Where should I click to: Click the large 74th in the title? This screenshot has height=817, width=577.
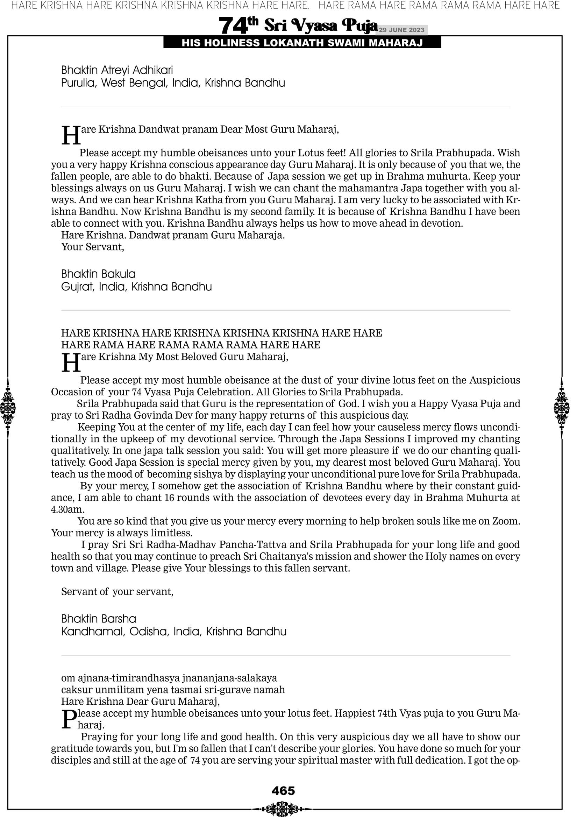(x=238, y=26)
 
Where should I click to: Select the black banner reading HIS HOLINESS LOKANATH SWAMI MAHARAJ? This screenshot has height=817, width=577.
(x=302, y=43)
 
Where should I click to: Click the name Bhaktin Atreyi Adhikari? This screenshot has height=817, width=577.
(x=117, y=70)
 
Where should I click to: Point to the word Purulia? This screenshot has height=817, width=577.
(x=79, y=83)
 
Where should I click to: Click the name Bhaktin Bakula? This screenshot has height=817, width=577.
(x=99, y=274)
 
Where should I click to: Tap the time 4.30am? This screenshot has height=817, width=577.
(x=67, y=509)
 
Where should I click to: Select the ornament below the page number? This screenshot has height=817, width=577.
(x=283, y=806)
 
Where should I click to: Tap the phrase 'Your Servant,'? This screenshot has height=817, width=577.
(x=93, y=247)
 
